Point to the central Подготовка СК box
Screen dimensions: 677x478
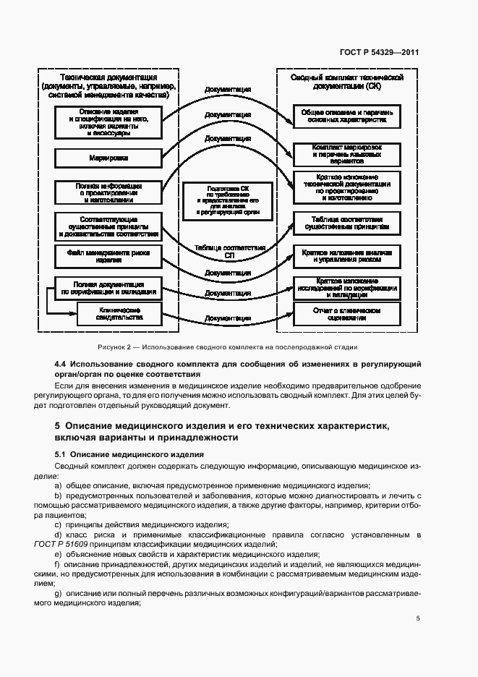point(227,200)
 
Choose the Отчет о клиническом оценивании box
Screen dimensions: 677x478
point(347,313)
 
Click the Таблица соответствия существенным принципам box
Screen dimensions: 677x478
point(347,223)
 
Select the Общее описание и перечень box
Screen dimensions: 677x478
point(347,116)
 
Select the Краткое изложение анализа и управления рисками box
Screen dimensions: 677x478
point(347,255)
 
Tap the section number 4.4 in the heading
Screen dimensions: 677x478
point(61,364)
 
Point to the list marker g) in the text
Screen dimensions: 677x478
point(59,592)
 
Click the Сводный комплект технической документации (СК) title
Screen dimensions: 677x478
point(346,82)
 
